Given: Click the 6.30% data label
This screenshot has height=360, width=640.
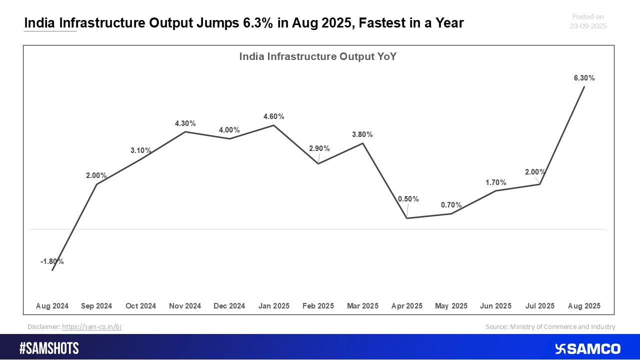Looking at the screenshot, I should (584, 78).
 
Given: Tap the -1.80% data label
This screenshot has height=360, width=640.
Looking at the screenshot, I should (52, 261).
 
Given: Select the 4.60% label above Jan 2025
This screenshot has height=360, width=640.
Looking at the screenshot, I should (274, 116).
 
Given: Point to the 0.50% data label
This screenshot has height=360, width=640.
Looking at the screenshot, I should (408, 199).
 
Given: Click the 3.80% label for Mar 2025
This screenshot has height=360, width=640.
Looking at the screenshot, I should (362, 134).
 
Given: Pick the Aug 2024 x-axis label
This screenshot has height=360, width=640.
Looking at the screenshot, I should (52, 305).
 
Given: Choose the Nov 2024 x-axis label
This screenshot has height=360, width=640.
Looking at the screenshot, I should (185, 305).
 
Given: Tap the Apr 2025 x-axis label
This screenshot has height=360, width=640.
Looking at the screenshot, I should (407, 305).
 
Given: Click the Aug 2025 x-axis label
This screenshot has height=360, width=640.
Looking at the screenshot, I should (584, 305).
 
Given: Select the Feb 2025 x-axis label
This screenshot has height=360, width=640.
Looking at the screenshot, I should (318, 305).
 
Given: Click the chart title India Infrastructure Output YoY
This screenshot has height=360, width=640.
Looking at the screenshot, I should (318, 56).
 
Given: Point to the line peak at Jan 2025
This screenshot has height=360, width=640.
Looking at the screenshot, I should (274, 125).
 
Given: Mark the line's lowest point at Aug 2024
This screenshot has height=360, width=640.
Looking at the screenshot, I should (52, 270).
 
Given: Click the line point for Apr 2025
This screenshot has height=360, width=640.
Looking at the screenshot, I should (407, 218).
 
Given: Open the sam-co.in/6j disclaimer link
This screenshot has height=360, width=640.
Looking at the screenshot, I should (91, 326).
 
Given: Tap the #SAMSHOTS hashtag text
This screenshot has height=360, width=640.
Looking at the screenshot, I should (49, 348).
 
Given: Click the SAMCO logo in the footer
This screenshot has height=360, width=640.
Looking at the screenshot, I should (587, 348).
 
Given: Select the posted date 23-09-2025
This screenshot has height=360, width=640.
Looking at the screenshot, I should (588, 26).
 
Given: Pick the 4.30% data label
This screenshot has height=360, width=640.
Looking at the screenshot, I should (185, 123).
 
